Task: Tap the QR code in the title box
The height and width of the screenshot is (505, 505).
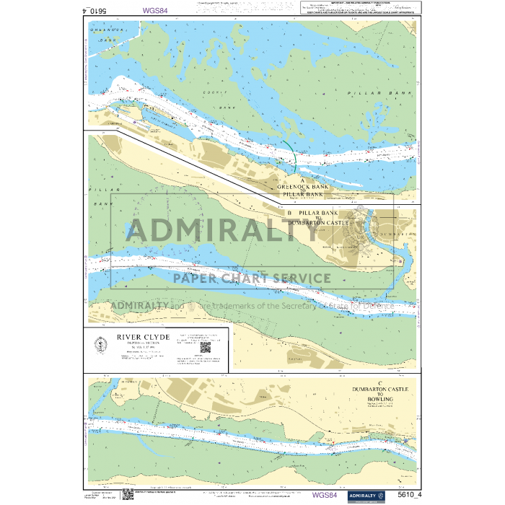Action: (x=204, y=347)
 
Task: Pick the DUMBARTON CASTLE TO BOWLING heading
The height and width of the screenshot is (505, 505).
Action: (x=379, y=394)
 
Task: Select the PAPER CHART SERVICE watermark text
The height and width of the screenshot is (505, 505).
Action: (x=252, y=278)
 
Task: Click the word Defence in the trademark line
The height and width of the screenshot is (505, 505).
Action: (x=376, y=305)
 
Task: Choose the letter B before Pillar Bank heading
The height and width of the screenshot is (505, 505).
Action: (x=289, y=214)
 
